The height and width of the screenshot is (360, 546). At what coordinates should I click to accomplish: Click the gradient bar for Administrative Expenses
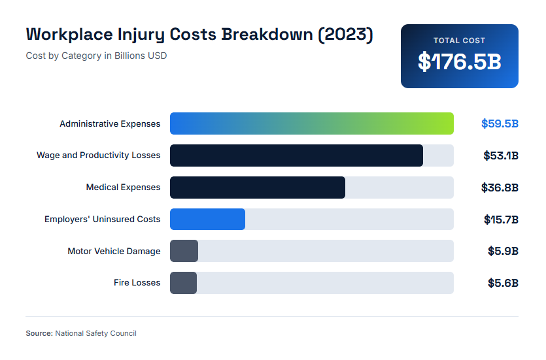tap(311, 123)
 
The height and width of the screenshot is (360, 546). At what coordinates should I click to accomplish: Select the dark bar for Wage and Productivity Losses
tap(296, 155)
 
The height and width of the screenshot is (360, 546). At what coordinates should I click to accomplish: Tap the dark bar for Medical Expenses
tap(257, 188)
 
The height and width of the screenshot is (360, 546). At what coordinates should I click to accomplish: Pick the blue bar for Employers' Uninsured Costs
tap(207, 220)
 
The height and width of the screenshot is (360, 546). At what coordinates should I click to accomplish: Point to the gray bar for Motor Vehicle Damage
tap(184, 251)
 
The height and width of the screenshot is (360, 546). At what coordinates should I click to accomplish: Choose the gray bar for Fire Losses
tap(183, 283)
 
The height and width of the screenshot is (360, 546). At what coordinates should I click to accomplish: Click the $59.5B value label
tap(500, 123)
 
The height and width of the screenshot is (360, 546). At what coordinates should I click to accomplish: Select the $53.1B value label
tap(500, 155)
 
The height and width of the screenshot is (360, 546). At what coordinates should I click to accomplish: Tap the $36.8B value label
tap(500, 188)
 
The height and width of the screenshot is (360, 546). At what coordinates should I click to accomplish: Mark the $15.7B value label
tap(501, 220)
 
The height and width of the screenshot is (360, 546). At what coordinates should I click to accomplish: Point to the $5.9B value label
tap(503, 251)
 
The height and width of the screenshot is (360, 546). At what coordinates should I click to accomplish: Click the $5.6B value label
tap(503, 283)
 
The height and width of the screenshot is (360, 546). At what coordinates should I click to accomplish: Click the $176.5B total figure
tap(459, 62)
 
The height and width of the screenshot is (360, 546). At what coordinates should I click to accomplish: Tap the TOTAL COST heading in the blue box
tap(459, 41)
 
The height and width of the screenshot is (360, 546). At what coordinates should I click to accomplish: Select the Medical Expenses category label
tap(123, 188)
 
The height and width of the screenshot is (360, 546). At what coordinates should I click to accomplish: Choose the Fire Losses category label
tap(137, 283)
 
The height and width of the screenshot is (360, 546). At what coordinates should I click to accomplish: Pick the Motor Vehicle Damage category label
tap(114, 251)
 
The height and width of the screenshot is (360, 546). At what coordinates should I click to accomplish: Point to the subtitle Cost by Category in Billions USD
tap(96, 56)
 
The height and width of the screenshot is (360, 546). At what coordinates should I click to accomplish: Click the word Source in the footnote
tap(39, 333)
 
